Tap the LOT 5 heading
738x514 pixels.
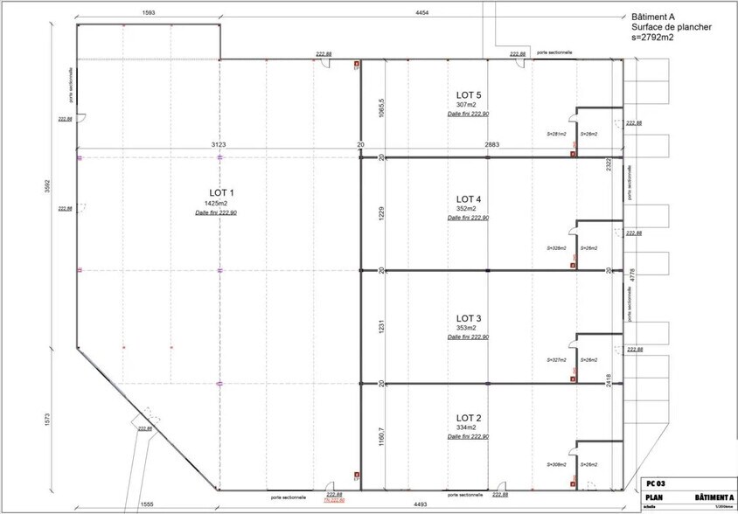tap(469, 94)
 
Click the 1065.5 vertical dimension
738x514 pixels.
tap(379, 108)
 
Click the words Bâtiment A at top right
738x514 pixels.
tap(654, 16)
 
